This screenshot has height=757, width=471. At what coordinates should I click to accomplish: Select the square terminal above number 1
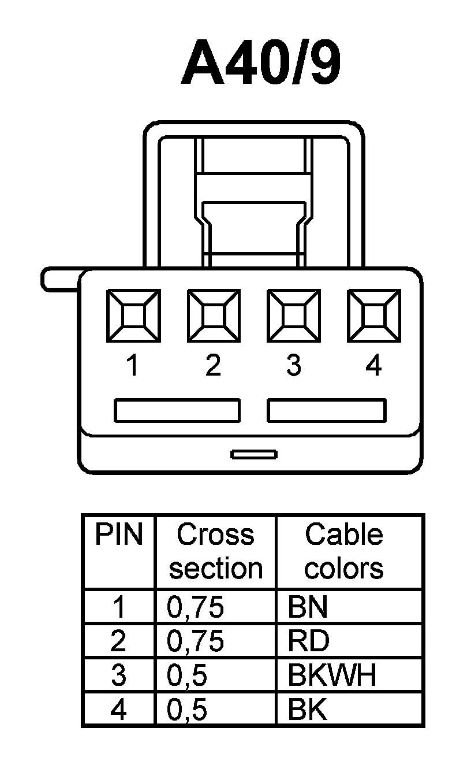(x=133, y=315)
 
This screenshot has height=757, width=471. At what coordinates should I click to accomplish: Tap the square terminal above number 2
(x=214, y=315)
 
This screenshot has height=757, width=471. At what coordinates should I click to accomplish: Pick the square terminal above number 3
(x=294, y=315)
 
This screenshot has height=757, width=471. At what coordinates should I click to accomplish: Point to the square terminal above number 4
(x=374, y=315)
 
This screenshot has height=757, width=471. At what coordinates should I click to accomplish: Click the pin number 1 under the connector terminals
(x=133, y=365)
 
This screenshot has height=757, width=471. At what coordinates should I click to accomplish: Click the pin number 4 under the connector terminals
(x=374, y=365)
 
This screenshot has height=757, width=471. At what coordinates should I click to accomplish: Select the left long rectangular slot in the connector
(x=177, y=410)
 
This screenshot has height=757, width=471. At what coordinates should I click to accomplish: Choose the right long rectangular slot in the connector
(x=326, y=410)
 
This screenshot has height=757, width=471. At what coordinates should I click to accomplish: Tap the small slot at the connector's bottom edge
(x=254, y=454)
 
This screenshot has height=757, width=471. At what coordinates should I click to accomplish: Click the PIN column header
(x=118, y=536)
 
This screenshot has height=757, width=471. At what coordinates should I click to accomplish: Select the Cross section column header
(x=215, y=552)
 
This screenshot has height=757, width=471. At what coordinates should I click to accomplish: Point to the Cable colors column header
(x=343, y=552)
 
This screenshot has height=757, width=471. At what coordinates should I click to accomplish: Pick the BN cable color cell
(x=308, y=607)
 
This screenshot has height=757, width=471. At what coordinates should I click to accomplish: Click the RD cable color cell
(x=308, y=641)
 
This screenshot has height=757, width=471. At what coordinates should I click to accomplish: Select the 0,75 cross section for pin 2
(x=195, y=641)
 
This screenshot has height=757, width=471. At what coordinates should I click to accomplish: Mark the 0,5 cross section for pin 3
(x=187, y=676)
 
